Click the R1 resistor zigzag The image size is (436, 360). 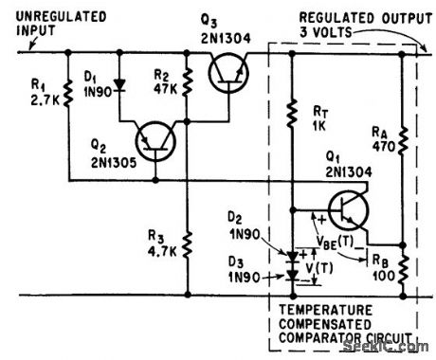click(x=68, y=94)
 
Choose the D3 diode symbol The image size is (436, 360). click(x=290, y=277)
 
